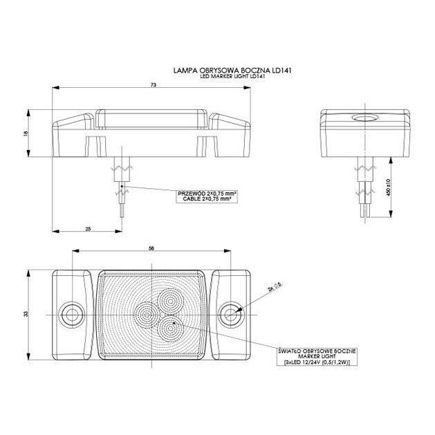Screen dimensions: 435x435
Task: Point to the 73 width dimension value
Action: [153, 84]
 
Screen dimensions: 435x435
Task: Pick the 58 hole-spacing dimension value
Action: [151, 248]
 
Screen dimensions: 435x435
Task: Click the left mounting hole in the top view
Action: [70, 313]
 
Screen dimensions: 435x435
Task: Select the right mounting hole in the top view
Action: [231, 313]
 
